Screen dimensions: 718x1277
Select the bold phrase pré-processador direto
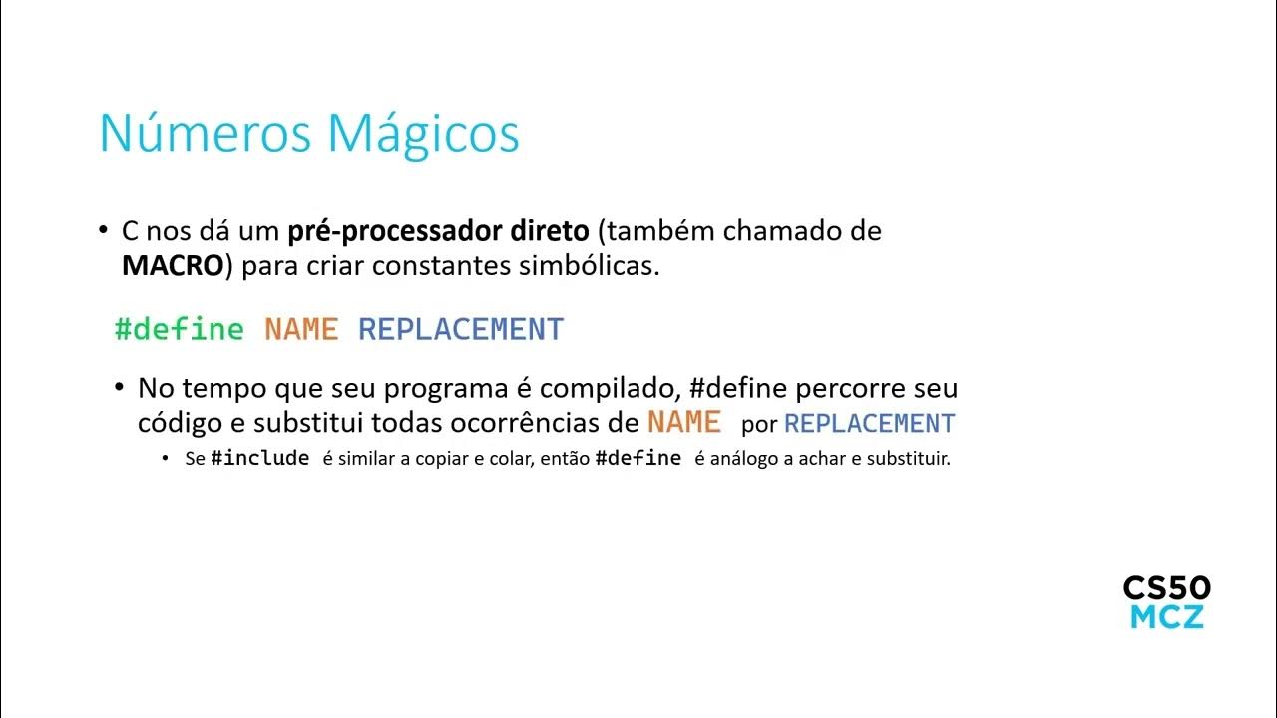click(x=438, y=232)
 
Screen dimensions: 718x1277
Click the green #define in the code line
click(x=180, y=329)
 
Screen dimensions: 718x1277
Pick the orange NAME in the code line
click(x=301, y=329)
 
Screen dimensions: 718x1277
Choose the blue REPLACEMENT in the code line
click(x=461, y=329)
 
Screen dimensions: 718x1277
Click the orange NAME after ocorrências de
click(x=684, y=422)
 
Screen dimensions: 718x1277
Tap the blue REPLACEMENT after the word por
click(x=870, y=423)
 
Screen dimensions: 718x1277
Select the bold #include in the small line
click(x=260, y=459)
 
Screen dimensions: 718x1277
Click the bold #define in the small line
click(x=638, y=459)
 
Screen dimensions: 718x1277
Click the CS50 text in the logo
click(x=1166, y=587)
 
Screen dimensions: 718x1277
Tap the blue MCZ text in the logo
click(x=1166, y=617)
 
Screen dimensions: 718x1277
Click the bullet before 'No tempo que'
click(x=120, y=387)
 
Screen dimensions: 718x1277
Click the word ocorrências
click(x=526, y=423)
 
